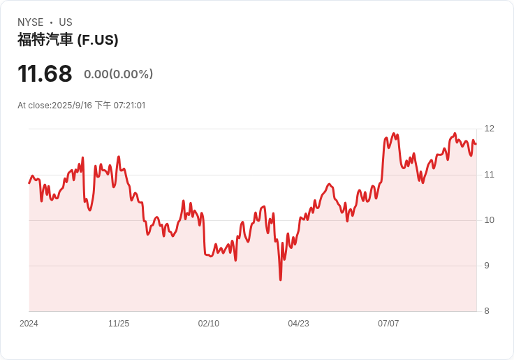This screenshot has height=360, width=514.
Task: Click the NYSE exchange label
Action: (x=30, y=22)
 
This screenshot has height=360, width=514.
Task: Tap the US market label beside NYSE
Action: (x=66, y=22)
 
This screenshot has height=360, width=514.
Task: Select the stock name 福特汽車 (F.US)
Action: (x=68, y=40)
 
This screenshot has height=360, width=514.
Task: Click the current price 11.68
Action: (x=45, y=73)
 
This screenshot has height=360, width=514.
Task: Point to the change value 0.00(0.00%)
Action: (x=118, y=74)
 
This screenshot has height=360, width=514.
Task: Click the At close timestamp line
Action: (x=82, y=106)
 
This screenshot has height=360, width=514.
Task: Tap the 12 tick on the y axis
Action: (x=489, y=129)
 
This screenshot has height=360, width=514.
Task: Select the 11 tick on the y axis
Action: (x=489, y=175)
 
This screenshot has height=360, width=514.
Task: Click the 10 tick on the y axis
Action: (x=489, y=220)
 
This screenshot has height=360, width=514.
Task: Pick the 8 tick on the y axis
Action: (x=487, y=311)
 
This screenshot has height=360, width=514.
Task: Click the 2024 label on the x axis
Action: (x=29, y=324)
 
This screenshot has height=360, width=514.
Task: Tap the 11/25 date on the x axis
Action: (x=119, y=324)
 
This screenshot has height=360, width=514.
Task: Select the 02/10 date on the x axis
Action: (x=209, y=324)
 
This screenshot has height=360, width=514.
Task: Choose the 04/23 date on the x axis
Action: (x=298, y=324)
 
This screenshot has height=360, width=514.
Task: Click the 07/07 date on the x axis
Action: (x=388, y=324)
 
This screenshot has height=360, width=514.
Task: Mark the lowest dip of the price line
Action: (x=281, y=280)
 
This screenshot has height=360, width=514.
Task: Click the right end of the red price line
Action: (x=476, y=144)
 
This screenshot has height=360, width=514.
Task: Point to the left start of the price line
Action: (x=29, y=182)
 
